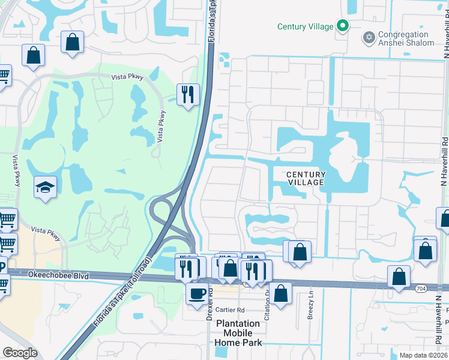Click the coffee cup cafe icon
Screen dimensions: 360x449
click(x=196, y=294)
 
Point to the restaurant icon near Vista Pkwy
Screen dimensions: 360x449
click(x=188, y=94)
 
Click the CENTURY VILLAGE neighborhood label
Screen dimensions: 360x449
click(x=306, y=178)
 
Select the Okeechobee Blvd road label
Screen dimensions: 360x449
click(x=58, y=275)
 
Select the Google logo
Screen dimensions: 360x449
click(x=20, y=352)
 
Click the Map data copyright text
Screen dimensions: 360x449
click(x=423, y=355)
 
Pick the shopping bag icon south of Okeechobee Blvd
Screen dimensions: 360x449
click(x=280, y=293)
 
